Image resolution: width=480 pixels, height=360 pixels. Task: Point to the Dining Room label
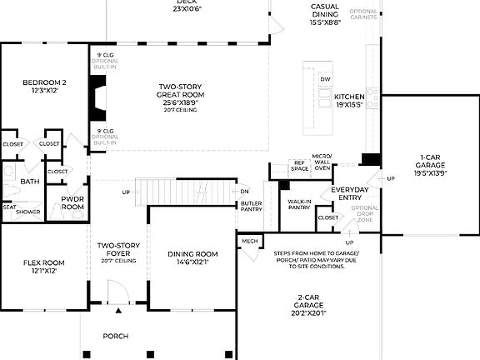point(192,257)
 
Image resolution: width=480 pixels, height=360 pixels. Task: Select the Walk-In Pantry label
point(300,205)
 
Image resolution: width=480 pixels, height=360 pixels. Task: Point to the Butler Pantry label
point(252,206)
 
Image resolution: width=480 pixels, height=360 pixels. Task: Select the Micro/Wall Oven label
point(322,162)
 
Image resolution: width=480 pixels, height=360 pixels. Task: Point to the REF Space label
point(298,166)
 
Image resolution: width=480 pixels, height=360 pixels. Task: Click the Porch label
point(115,337)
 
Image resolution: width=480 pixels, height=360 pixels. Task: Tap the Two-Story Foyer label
point(117,249)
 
